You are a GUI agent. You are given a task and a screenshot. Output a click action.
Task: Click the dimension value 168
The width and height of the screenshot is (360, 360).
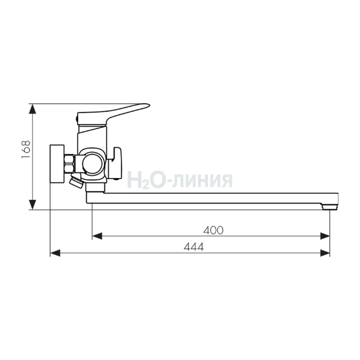tap(26, 149)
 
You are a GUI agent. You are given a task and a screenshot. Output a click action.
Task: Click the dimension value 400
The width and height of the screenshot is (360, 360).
tap(213, 230)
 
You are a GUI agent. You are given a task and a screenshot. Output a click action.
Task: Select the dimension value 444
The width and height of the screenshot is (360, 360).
tap(194, 247)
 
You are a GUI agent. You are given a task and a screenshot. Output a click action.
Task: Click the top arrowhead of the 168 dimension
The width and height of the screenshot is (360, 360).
tap(32, 109)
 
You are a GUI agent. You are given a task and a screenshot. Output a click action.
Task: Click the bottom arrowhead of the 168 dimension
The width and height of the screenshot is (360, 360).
tap(32, 205)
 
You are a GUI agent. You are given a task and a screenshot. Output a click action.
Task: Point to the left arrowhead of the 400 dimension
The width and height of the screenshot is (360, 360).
tap(97, 236)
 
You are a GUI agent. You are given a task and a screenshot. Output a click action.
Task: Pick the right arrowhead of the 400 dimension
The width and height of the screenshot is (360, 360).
tap(325, 236)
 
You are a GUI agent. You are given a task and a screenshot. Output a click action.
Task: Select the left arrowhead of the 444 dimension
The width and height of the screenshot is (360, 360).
tap(55, 253)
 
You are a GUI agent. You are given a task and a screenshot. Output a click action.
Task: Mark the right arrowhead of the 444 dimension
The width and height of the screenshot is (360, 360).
tap(325, 253)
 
